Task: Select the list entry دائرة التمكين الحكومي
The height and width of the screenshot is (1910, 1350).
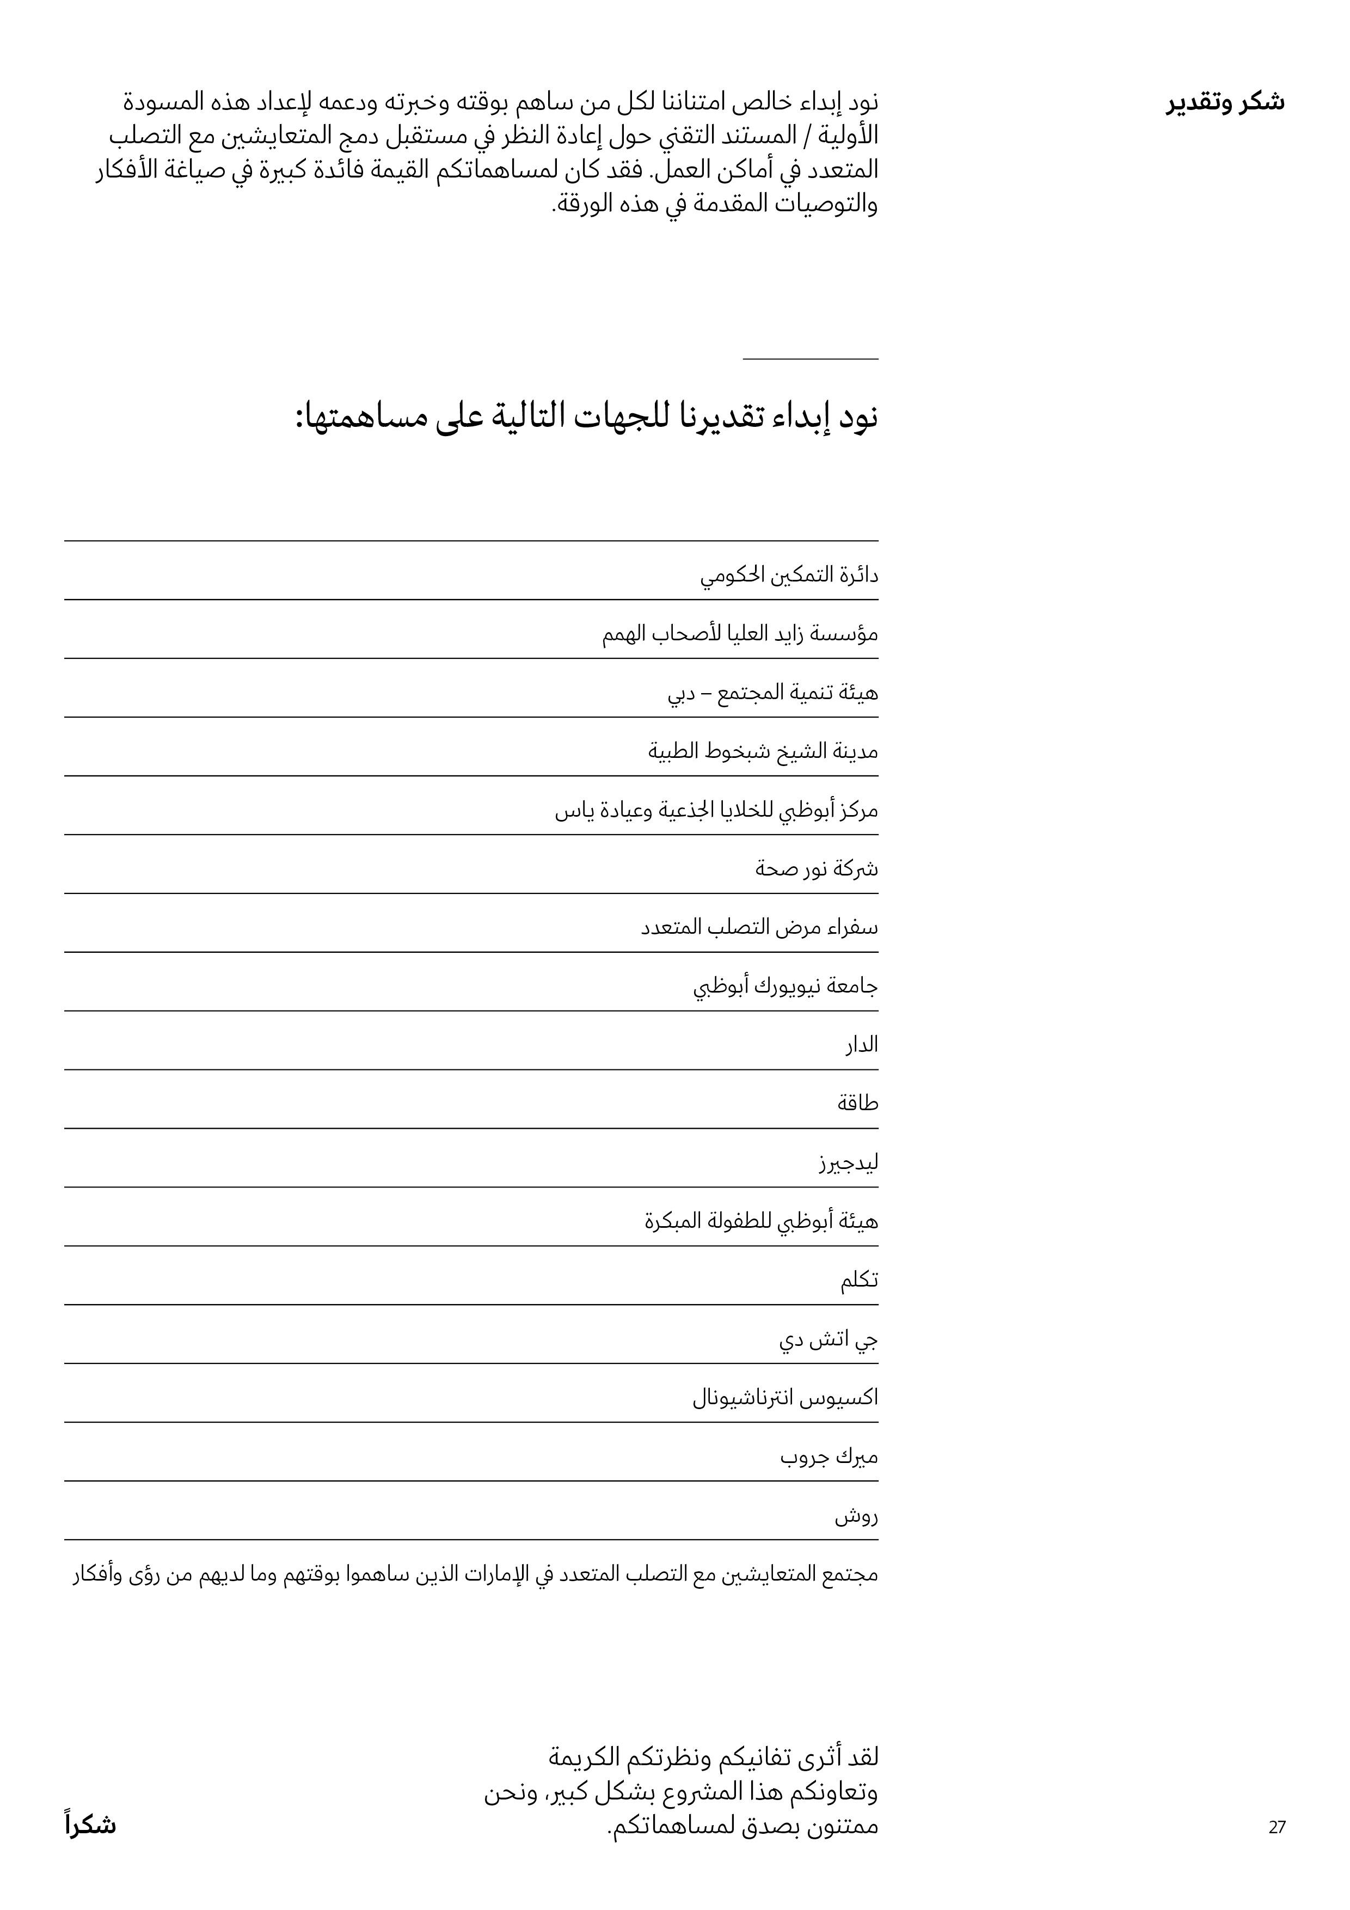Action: [x=789, y=575]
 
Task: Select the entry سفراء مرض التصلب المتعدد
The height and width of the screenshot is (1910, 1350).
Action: [x=759, y=928]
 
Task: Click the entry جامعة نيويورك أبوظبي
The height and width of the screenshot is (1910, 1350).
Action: [x=785, y=987]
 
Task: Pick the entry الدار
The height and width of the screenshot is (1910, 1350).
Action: [x=862, y=1045]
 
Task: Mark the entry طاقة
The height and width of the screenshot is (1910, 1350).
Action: [x=857, y=1104]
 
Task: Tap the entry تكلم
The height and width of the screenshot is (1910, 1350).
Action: [x=858, y=1280]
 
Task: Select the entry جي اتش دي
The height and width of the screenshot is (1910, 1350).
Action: [x=829, y=1339]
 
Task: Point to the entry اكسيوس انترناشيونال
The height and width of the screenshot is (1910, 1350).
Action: [x=785, y=1398]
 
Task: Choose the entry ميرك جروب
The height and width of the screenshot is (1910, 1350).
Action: [x=829, y=1456]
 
